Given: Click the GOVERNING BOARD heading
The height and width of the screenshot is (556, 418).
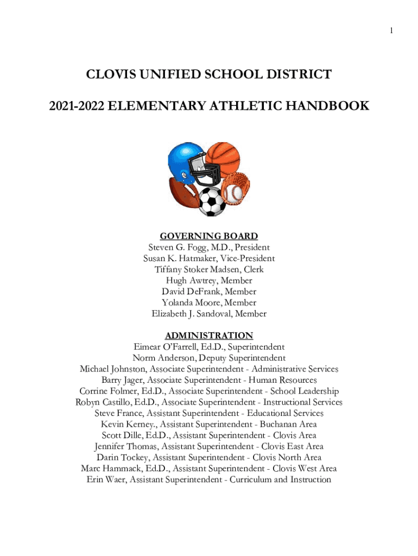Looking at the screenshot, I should pyautogui.click(x=209, y=236).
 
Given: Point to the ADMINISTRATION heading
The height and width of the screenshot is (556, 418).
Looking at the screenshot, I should pyautogui.click(x=209, y=336).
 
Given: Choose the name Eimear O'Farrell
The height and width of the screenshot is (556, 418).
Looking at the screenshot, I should pyautogui.click(x=166, y=347).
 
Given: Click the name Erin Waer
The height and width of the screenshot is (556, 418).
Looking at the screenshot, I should pyautogui.click(x=104, y=479).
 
